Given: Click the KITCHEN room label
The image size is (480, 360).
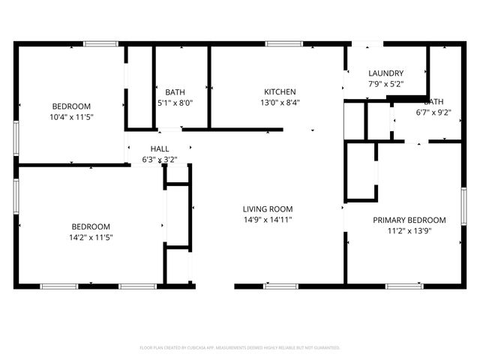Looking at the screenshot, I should coord(280,91).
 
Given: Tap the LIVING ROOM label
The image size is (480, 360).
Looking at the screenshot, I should coord(267,208).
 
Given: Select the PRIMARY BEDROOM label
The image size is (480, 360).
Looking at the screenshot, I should coord(409,220).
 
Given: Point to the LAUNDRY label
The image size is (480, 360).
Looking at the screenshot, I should coord(386,73).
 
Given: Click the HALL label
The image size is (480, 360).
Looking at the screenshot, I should coord(160,148).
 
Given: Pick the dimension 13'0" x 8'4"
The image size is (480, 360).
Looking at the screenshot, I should coord(280,103).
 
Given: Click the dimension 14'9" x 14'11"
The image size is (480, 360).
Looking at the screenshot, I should coord(267,220).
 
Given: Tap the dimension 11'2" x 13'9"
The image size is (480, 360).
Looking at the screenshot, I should coord(409,231).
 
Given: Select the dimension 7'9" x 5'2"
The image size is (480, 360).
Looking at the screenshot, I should coord(386,84).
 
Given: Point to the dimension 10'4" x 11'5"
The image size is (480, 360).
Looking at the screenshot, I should coord(71,117).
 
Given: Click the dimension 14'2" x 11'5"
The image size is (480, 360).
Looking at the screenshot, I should coord(91,238).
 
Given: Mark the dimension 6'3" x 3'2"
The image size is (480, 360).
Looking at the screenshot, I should coord(160,160).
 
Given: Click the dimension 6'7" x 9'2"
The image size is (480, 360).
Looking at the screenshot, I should coord(433,112).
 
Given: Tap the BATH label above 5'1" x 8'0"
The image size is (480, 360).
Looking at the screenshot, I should coord(175,91).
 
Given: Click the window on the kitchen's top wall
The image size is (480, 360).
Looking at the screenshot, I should coord(279,44).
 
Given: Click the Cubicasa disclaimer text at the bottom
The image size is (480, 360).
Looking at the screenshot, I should coord(240,348).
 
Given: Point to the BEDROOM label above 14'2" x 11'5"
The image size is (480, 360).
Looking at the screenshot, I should coord(91,226).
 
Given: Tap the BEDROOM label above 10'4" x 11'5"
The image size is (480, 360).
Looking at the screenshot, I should coord(71,106).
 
